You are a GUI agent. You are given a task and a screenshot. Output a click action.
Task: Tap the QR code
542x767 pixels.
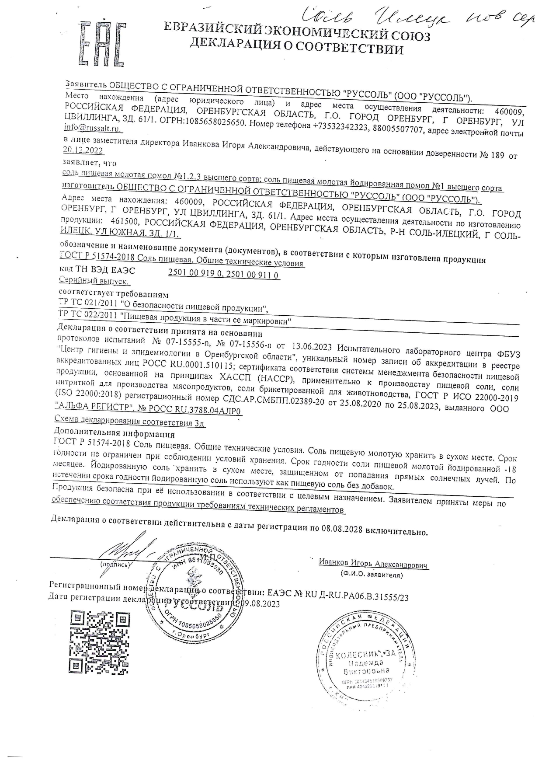pos(101,642)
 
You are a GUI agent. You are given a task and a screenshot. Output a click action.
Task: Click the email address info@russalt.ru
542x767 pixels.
pos(92,129)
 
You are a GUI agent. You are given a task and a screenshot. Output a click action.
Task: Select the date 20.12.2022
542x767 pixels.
pos(83,150)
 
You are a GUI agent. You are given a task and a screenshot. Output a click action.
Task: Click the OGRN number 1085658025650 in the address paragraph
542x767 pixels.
pos(213,124)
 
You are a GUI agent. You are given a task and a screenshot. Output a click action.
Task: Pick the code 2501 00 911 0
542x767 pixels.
pos(253,275)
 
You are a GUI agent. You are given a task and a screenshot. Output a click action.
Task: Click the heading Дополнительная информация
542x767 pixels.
pos(114,434)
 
